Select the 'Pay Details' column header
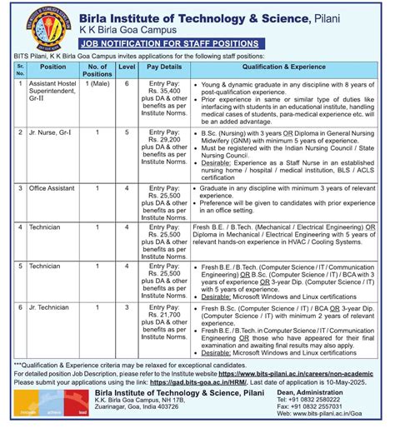point(163,66)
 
